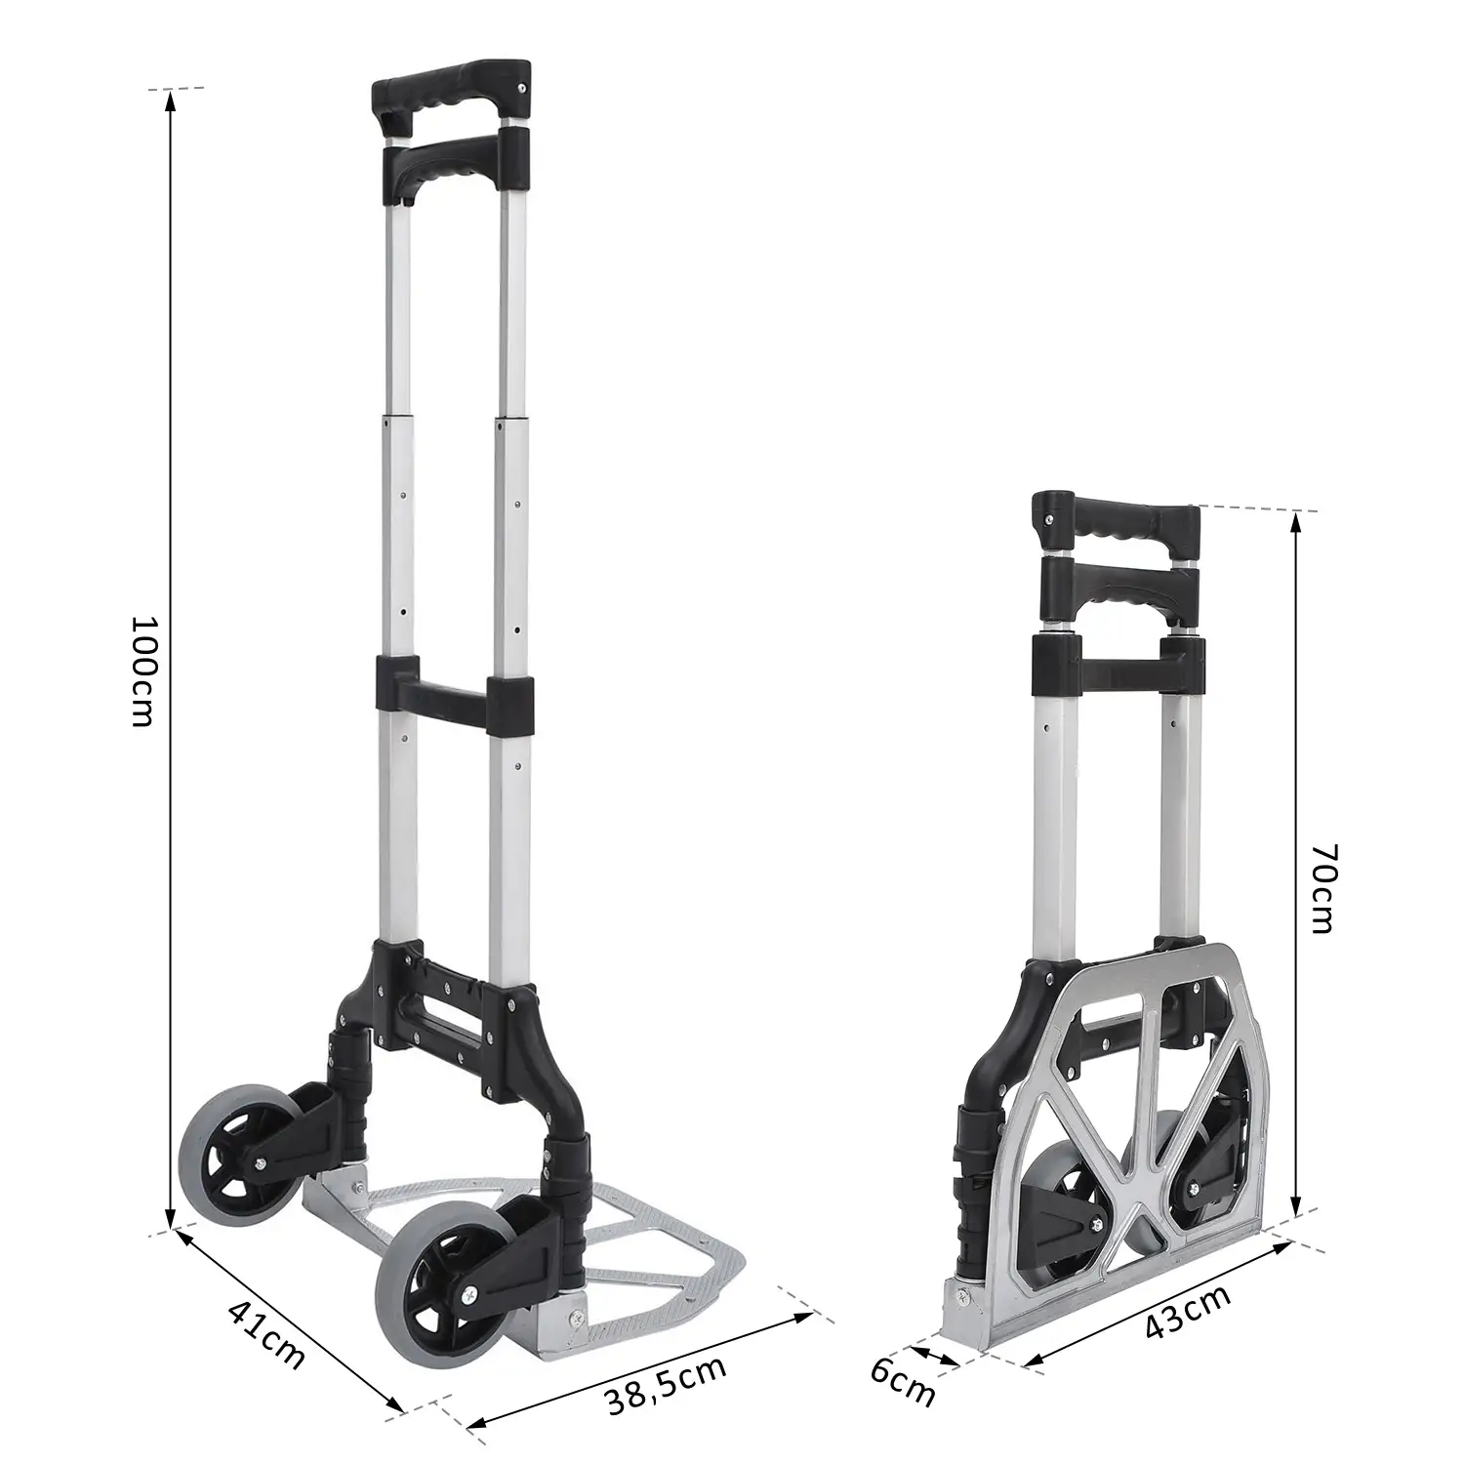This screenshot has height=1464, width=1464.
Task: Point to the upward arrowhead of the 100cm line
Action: click(171, 98)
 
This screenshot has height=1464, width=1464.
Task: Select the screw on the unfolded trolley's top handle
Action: click(524, 89)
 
